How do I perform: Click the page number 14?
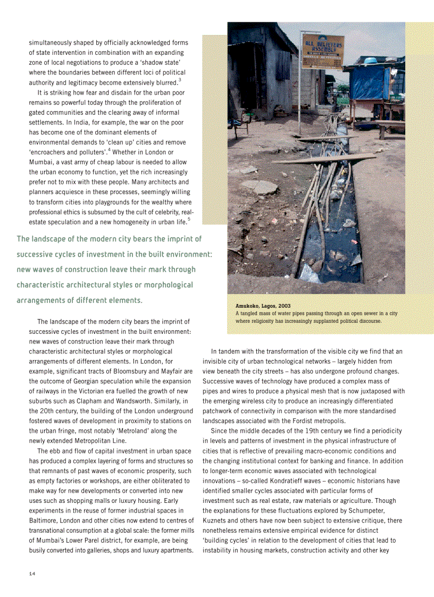[x=32, y=573]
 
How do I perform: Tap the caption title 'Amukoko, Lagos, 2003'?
[x=263, y=306]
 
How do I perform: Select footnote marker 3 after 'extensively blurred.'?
[x=180, y=80]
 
